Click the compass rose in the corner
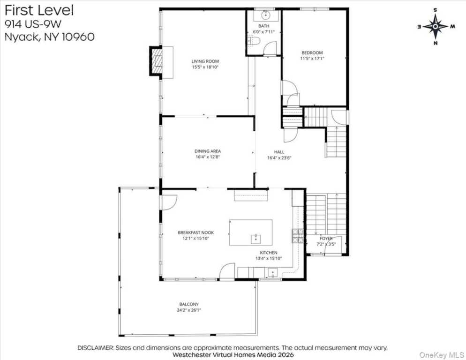pos(436,26)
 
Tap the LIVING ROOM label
pos(205,61)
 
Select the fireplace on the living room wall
pos(156,60)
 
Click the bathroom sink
pos(263,15)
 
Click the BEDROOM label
pos(312,52)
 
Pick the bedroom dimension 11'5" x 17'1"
pos(312,59)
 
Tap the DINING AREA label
pos(208,151)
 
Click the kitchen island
pos(250,232)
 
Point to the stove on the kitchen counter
pos(298,236)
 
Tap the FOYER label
pos(326,239)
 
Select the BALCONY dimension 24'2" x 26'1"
pos(188,310)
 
